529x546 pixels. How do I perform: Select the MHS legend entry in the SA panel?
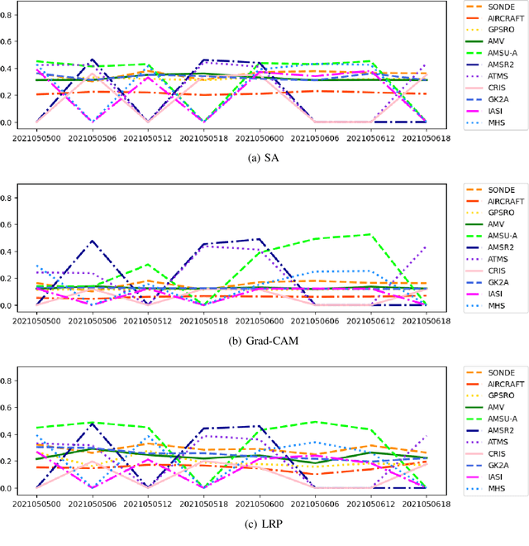[493, 122]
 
